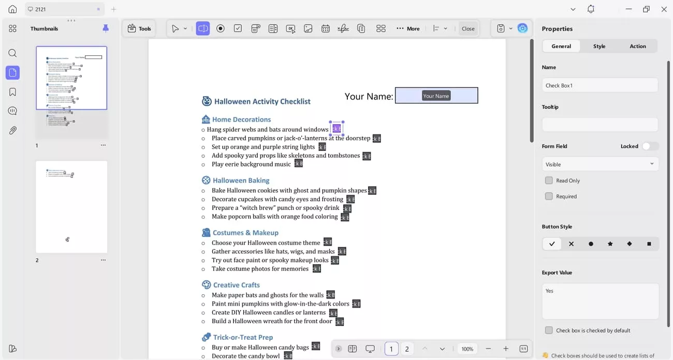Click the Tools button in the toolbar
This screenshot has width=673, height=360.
tap(139, 28)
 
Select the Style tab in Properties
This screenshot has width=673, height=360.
tap(599, 46)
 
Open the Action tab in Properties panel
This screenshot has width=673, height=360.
tap(637, 46)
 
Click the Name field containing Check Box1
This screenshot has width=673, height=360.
tap(599, 85)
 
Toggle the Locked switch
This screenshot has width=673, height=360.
tap(650, 146)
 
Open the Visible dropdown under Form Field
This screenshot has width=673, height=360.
tap(599, 164)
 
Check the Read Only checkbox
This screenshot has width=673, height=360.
tap(549, 181)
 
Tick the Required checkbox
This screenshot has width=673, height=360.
tap(549, 196)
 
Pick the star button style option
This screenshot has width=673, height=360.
tap(610, 244)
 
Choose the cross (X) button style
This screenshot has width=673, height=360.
tap(571, 244)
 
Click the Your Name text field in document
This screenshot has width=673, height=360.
tap(436, 96)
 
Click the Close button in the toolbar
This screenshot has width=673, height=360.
tap(468, 28)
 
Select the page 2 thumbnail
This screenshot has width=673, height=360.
tap(71, 207)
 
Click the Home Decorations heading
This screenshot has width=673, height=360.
tap(241, 120)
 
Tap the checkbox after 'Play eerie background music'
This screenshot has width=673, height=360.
tap(299, 164)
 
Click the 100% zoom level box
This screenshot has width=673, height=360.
tap(467, 349)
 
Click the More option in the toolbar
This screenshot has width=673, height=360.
tap(408, 28)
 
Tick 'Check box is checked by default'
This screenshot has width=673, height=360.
tap(549, 330)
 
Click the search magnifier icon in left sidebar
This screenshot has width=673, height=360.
tap(12, 53)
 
